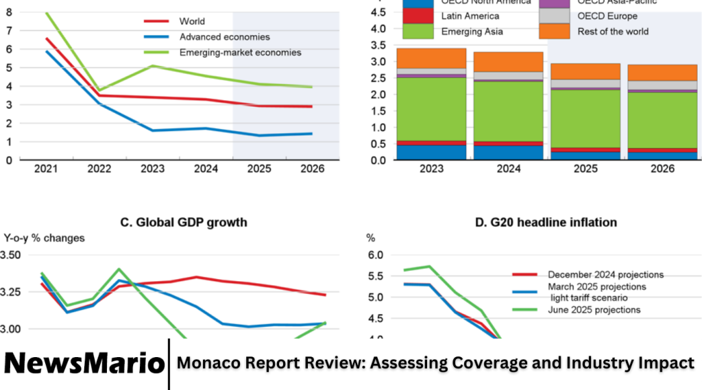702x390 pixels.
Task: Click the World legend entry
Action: coord(191,22)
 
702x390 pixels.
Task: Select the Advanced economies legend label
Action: coord(224,37)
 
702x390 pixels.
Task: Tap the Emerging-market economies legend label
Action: coord(240,52)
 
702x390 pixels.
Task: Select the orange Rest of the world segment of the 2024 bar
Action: coord(508,62)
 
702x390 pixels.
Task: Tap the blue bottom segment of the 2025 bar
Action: coord(585,156)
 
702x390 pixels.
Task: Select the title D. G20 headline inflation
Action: coord(536,222)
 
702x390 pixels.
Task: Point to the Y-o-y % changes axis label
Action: coord(45,239)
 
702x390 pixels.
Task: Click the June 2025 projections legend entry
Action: coord(594,310)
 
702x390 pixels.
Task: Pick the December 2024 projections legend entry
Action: coord(605,275)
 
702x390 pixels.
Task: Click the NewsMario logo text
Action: coord(84,363)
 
